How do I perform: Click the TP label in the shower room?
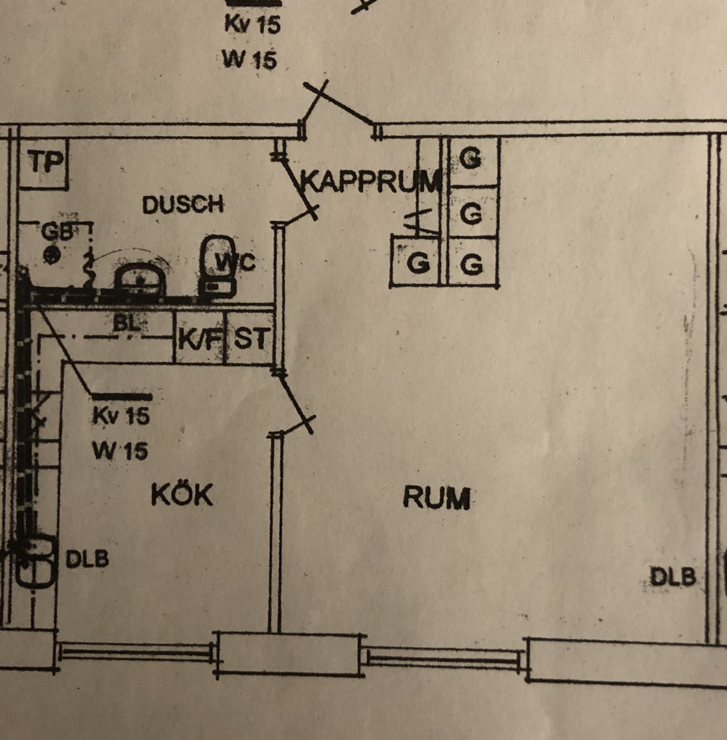coord(45,162)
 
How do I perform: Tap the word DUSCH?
coord(183,204)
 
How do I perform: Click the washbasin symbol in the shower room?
coord(139,280)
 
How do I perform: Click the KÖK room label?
coord(182,495)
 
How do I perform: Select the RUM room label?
coord(437,498)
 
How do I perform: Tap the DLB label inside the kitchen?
coord(87,560)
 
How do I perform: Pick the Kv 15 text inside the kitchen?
coord(121,415)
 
